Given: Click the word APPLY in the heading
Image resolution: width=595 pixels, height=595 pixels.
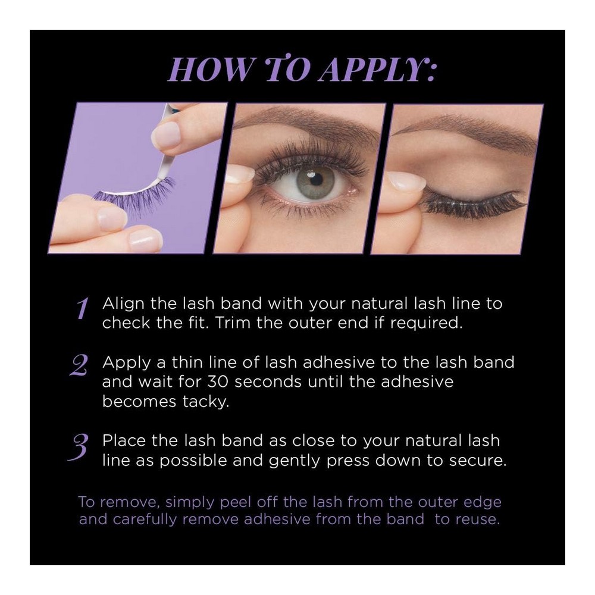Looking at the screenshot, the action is [376, 70].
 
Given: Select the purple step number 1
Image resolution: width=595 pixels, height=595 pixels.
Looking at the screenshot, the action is [83, 308].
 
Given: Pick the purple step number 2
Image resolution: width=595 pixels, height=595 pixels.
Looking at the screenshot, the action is [79, 365].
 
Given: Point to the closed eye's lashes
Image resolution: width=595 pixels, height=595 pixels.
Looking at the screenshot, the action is [474, 203].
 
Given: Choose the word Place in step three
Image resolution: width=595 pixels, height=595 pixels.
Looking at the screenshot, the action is [124, 440].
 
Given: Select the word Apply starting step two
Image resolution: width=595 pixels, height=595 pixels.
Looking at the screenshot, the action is [127, 363].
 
